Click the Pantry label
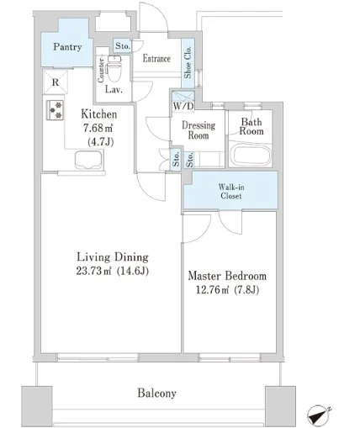67,47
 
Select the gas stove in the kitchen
55,110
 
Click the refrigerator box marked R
56,82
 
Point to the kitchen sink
88,161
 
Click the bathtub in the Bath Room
251,156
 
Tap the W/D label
183,106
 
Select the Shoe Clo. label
188,62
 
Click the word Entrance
156,59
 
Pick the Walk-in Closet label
231,191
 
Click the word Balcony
156,394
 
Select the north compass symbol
319,415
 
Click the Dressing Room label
199,130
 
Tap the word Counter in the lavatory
101,71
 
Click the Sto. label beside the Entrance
123,45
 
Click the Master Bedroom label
227,276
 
